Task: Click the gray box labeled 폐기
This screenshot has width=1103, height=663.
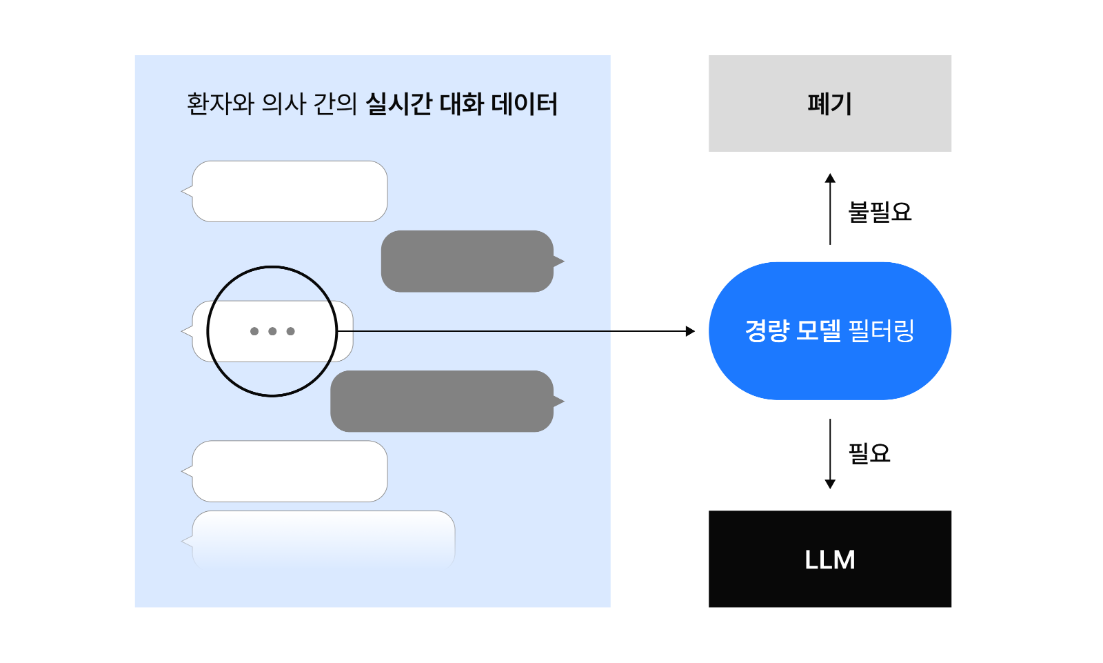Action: point(830,103)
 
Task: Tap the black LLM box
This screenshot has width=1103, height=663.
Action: point(830,559)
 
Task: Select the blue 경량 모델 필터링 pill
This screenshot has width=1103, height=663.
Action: point(830,330)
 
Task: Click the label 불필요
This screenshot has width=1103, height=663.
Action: point(880,212)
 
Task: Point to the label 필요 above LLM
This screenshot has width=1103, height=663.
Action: point(869,453)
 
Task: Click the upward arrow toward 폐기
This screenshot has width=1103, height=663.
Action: point(830,209)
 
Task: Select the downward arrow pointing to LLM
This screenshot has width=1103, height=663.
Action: point(830,454)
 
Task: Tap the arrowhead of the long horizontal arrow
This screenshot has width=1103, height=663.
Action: point(690,331)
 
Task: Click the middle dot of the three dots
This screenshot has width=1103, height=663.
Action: point(272,331)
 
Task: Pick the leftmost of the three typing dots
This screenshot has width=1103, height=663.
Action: point(254,331)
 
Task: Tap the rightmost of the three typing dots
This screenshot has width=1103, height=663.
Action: point(290,331)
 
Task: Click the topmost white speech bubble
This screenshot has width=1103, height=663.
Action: point(285,191)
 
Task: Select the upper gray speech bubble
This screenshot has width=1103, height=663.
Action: point(473,261)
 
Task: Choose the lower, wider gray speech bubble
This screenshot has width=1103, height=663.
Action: point(447,402)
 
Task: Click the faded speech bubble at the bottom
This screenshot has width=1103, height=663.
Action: point(318,540)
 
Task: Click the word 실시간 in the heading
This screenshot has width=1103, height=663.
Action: point(398,104)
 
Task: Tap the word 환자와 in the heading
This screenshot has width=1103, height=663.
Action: point(220,104)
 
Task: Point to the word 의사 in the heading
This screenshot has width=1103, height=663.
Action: point(284,104)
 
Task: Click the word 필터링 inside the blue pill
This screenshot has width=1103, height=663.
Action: point(882,330)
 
